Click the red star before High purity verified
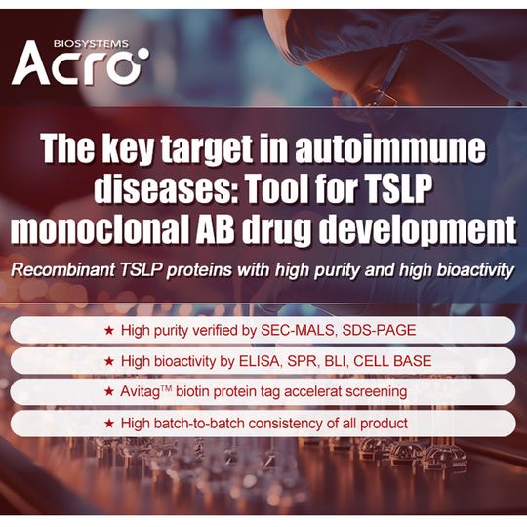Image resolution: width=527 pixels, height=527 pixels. coord(109,330)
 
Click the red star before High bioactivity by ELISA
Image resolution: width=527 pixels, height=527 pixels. coord(109,361)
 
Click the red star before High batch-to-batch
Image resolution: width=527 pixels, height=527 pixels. coord(109,424)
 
